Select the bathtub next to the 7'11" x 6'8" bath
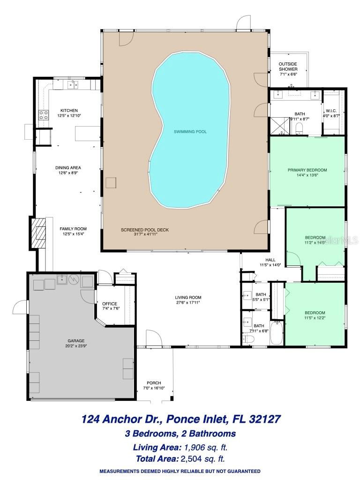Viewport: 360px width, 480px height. (x=277, y=332)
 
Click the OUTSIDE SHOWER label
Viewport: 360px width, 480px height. (x=288, y=67)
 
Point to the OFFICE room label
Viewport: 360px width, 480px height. (x=110, y=304)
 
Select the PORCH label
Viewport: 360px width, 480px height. (x=154, y=382)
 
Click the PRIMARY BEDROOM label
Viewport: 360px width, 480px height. (x=307, y=170)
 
